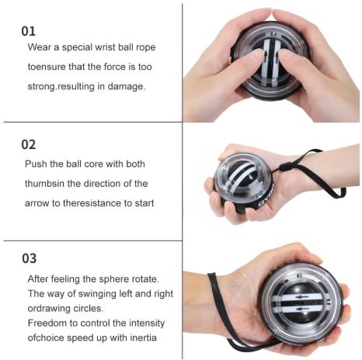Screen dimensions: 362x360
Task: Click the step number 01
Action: [28, 31]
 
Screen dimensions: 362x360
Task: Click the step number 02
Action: [29, 144]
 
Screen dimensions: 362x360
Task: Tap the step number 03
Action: [29, 258]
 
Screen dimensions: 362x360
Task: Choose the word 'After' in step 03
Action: [38, 279]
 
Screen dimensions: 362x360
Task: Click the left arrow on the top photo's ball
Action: [266, 55]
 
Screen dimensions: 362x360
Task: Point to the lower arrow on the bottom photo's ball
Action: [302, 309]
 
